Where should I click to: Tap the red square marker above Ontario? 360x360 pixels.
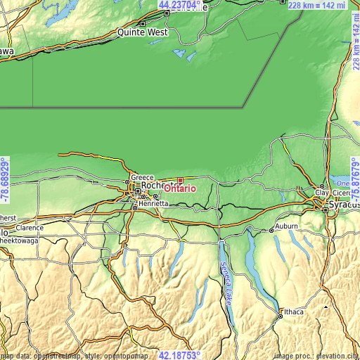(180, 180)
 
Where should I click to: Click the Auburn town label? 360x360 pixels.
(287, 226)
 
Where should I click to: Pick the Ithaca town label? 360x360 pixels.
(292, 311)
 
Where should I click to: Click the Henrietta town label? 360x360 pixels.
(153, 203)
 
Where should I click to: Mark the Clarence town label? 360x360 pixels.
(30, 228)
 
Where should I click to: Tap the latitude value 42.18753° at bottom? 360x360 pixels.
(179, 355)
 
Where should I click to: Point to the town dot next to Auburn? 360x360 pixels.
(272, 230)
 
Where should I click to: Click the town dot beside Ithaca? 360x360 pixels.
(280, 316)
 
